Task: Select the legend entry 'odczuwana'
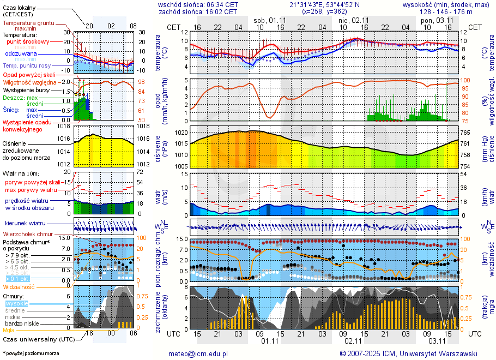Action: coord(21,54)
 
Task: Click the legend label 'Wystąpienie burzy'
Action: coord(28,89)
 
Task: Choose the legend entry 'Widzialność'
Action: coord(19,286)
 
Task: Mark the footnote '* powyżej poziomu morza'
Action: coord(31,353)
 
